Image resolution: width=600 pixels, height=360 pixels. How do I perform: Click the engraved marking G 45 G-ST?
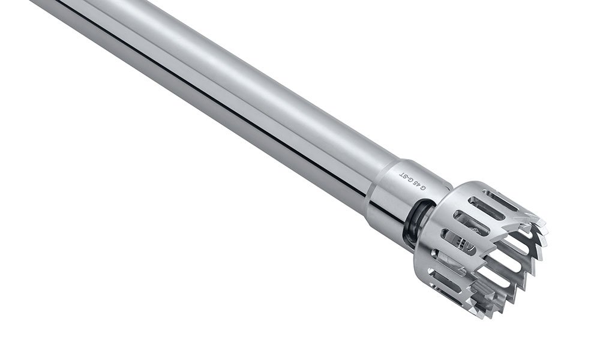coord(413,181)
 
